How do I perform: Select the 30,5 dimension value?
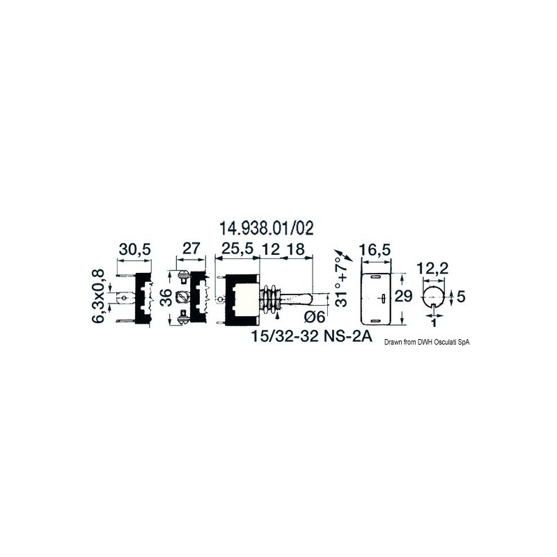pos(132,249)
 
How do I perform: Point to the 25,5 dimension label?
pos(237,249)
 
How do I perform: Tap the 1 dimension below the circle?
pos(434,323)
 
